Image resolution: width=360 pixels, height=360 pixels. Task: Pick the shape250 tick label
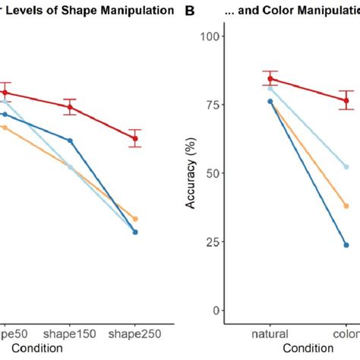135,334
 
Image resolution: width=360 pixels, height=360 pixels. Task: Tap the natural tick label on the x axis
270,334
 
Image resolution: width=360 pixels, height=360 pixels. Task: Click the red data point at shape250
135,138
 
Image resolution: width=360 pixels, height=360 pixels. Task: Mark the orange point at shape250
135,219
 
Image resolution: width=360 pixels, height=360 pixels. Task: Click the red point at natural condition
270,78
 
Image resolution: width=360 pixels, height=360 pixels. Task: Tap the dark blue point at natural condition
270,101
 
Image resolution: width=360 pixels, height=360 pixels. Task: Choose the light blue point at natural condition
270,89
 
